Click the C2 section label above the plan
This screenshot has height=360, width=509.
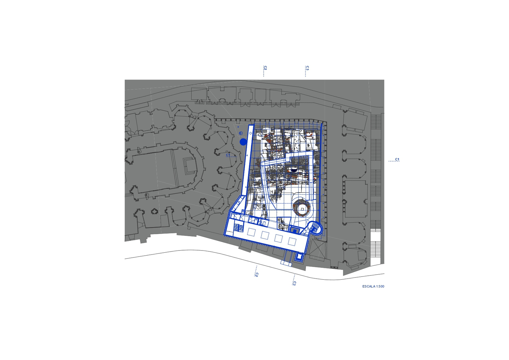click(x=265, y=68)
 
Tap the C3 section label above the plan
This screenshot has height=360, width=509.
click(x=307, y=68)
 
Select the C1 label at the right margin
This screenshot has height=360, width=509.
click(x=397, y=159)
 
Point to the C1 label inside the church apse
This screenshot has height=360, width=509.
click(x=228, y=155)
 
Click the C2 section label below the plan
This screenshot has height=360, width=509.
click(x=257, y=275)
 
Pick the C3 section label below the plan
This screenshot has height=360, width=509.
click(x=295, y=283)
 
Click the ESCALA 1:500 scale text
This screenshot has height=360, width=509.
click(x=373, y=287)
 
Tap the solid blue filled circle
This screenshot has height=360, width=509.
click(x=243, y=142)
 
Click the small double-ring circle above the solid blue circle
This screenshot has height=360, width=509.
click(x=241, y=133)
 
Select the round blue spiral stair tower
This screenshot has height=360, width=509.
click(x=315, y=228)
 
